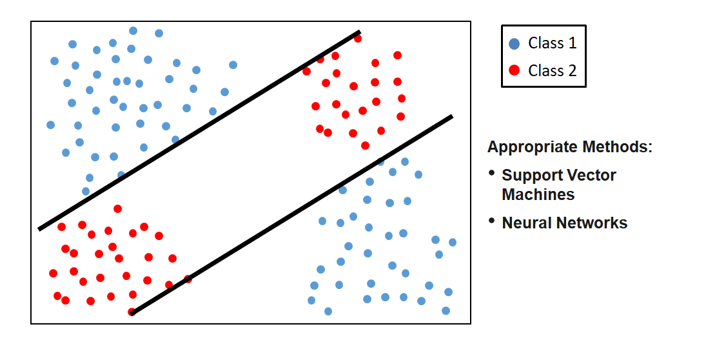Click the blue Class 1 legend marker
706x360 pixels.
(x=514, y=44)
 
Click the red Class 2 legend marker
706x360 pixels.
(x=514, y=70)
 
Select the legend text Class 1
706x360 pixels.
(x=552, y=43)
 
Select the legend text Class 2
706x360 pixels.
(x=552, y=70)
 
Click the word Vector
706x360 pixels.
(x=590, y=175)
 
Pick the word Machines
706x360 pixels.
(x=538, y=194)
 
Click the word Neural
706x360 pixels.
(x=525, y=223)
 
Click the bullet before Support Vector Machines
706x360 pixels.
(x=492, y=173)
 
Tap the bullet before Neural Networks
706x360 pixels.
(x=492, y=221)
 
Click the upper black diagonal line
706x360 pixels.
(x=200, y=130)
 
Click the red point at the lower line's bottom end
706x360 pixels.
(x=132, y=312)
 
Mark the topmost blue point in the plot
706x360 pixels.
(x=133, y=30)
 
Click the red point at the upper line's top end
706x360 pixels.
(x=358, y=39)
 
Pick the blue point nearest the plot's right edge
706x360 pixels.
(x=453, y=242)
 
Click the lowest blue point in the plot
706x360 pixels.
(x=328, y=311)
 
